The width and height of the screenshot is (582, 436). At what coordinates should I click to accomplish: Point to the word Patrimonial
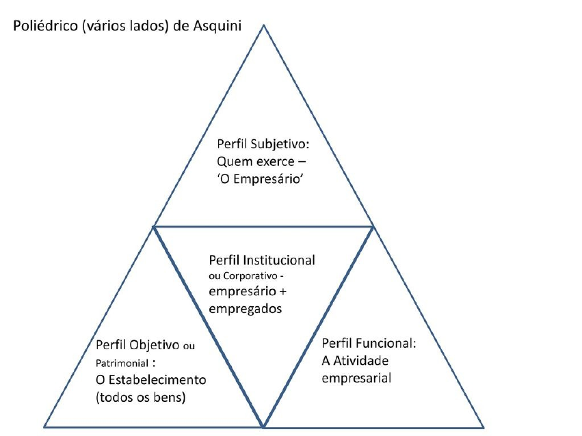[x=117, y=362]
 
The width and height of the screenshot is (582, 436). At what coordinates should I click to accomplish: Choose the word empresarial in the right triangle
[x=356, y=377]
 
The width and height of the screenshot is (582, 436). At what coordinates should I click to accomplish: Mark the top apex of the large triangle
[x=264, y=25]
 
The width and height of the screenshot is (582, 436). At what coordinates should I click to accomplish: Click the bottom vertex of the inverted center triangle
[x=264, y=426]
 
